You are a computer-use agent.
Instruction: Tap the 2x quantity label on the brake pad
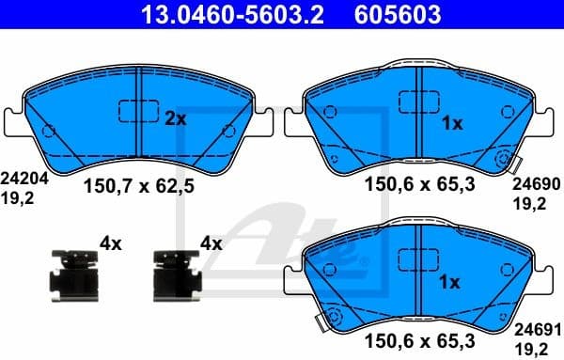click(175, 119)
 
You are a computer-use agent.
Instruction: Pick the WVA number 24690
click(537, 186)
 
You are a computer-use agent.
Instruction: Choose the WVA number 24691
click(537, 330)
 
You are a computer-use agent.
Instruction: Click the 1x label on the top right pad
click(451, 124)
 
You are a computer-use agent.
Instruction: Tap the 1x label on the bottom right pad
click(451, 282)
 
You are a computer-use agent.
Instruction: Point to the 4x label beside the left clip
click(111, 243)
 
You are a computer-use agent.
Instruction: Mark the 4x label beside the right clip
click(211, 243)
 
